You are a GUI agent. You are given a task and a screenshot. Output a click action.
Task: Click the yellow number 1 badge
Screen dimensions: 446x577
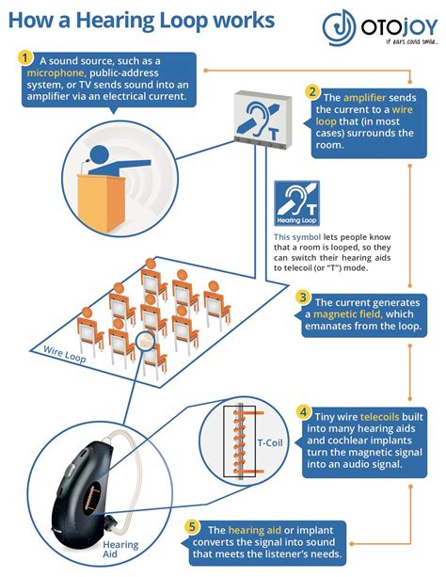click(x=25, y=58)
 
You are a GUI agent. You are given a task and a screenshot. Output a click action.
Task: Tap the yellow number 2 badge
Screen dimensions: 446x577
click(x=312, y=91)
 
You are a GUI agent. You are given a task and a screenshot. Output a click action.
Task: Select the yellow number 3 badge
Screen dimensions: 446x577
click(x=303, y=297)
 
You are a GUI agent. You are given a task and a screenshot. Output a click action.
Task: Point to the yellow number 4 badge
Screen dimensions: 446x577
click(x=304, y=411)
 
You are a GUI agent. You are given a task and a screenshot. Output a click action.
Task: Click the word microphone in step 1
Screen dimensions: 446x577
click(x=56, y=72)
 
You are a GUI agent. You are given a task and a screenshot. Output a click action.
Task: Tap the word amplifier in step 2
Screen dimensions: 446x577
click(x=364, y=98)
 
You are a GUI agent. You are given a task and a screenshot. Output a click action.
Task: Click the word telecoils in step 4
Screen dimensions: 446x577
click(x=379, y=417)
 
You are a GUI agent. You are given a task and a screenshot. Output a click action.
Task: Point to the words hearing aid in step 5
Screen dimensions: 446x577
click(x=255, y=530)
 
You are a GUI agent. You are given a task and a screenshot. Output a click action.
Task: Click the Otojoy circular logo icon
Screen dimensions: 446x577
click(x=339, y=27)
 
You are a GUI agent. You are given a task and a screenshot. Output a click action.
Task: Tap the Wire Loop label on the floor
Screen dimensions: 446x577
click(x=64, y=354)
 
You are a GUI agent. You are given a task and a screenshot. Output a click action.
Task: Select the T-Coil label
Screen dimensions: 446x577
click(x=270, y=442)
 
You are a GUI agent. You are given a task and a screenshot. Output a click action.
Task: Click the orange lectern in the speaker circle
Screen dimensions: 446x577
click(x=101, y=201)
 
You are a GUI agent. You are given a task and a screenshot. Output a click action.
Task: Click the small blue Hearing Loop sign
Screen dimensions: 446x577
click(x=296, y=203)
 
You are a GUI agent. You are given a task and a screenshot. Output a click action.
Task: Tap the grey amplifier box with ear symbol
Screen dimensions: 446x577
click(x=263, y=120)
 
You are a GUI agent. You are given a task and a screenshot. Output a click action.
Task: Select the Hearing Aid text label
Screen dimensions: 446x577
click(x=120, y=549)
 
